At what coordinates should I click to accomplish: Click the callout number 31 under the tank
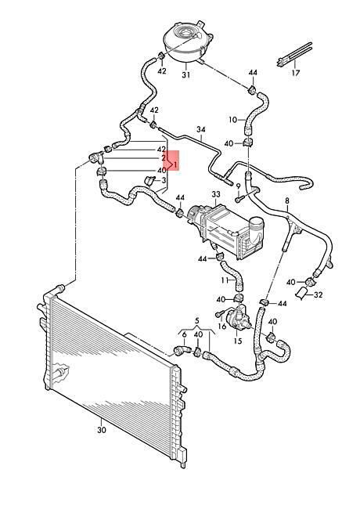click(x=185, y=75)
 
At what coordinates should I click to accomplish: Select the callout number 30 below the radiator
click(x=102, y=430)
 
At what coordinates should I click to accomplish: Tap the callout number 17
click(x=296, y=73)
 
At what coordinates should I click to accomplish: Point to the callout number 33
click(x=216, y=194)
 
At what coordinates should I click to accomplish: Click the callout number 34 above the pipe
click(x=201, y=129)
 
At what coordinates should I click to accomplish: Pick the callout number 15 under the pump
click(x=238, y=341)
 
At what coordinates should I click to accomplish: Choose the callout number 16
click(x=221, y=326)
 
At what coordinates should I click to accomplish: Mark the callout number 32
click(x=319, y=295)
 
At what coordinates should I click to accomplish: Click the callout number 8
click(x=287, y=201)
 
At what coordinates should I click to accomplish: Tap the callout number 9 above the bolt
click(x=238, y=186)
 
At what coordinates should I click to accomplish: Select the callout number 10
click(x=233, y=120)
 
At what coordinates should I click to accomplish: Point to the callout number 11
click(x=225, y=280)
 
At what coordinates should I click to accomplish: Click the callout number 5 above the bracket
click(x=197, y=321)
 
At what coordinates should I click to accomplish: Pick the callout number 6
click(x=184, y=334)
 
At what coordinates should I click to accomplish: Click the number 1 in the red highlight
click(x=175, y=164)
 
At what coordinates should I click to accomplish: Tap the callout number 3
click(x=164, y=179)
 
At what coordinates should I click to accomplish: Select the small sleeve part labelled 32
click(x=301, y=293)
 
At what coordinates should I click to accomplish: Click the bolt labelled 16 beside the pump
click(x=220, y=314)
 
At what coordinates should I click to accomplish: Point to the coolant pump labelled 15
click(x=239, y=319)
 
